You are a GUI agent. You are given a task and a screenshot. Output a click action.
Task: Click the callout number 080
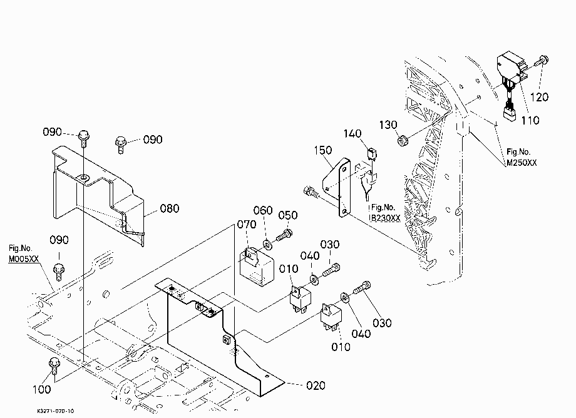(x=170, y=208)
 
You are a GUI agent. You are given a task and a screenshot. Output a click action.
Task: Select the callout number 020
(x=316, y=385)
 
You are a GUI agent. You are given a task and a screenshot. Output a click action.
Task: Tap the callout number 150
(x=323, y=150)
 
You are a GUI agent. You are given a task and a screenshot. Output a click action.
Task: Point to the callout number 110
(x=530, y=120)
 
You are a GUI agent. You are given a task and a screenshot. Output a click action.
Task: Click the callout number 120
(x=539, y=97)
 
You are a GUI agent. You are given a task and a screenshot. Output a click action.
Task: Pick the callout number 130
(x=388, y=125)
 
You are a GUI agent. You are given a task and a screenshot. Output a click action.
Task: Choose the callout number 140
(x=352, y=133)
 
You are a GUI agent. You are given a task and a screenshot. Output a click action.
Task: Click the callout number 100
(x=42, y=389)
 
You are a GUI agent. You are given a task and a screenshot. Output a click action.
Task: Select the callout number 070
(x=247, y=224)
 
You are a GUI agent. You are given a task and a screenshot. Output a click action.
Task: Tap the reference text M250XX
(x=522, y=163)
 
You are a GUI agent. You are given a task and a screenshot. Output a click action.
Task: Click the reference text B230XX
(x=385, y=218)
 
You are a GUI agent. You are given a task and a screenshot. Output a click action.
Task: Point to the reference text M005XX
(x=24, y=258)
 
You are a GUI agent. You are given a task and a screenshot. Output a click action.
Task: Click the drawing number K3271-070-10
(x=56, y=411)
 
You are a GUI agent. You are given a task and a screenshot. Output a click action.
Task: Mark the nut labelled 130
(x=403, y=140)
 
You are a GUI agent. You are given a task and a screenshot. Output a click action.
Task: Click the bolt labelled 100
(x=54, y=365)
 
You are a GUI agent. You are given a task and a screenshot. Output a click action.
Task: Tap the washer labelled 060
(x=267, y=243)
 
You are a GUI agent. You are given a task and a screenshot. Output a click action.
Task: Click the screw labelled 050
(x=284, y=235)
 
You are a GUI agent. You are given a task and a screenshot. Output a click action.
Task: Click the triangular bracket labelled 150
(x=337, y=187)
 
